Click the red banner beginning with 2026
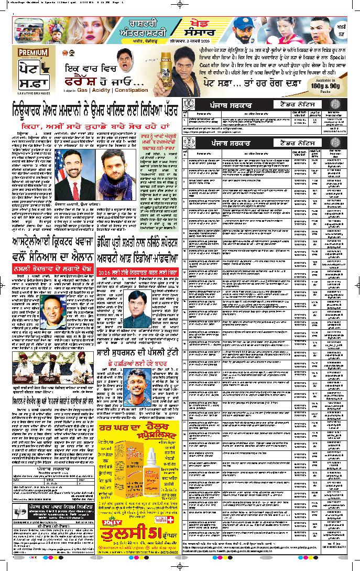coord(138,274)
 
